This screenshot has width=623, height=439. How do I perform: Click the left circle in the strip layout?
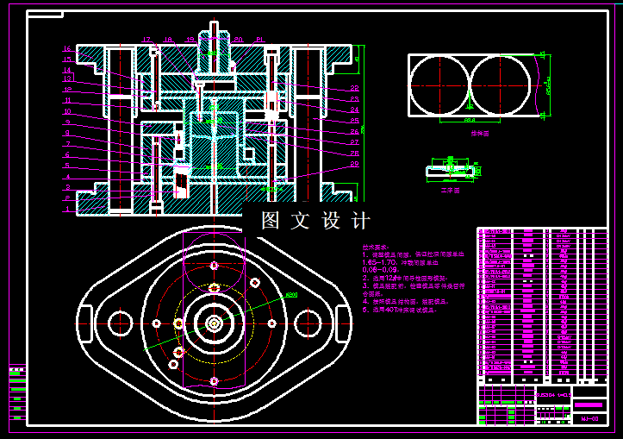click(439, 85)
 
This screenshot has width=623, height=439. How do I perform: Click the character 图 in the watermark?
click(271, 221)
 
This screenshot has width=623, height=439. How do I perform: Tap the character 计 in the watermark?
click(361, 221)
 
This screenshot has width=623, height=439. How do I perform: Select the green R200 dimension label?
click(290, 295)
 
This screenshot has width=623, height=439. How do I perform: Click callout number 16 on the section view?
click(67, 49)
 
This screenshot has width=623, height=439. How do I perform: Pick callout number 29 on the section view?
click(354, 164)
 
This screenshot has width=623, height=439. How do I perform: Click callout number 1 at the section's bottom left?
click(67, 209)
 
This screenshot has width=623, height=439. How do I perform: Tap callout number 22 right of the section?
click(354, 89)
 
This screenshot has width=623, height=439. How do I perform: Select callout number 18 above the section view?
click(168, 40)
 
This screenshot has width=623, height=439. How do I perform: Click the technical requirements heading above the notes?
click(377, 247)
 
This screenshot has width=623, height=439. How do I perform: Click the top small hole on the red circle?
click(213, 267)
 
